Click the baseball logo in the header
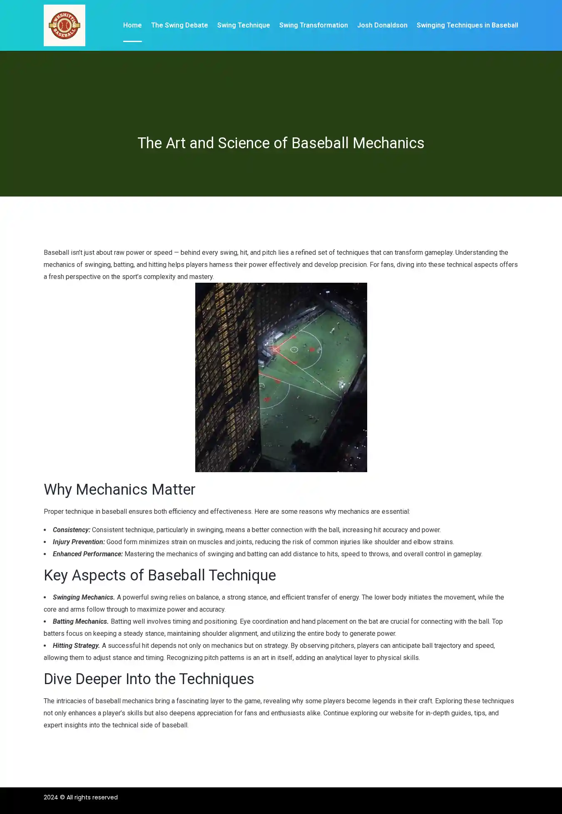65,25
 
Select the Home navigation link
132,25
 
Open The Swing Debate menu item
179,25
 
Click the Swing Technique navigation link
244,25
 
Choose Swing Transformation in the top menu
313,25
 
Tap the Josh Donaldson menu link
382,25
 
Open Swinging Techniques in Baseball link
467,25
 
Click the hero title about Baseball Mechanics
281,143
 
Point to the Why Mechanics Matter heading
119,490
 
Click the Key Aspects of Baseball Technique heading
160,575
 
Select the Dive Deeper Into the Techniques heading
149,679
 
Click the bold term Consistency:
72,530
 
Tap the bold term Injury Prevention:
79,542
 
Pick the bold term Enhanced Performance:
88,554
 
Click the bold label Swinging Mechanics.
84,597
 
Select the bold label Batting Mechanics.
81,622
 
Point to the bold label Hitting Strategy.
76,646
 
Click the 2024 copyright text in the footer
81,797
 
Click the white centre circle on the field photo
294,349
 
